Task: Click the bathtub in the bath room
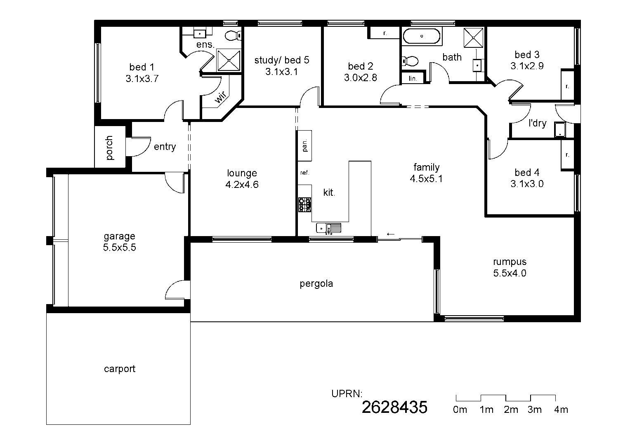pos(422,36)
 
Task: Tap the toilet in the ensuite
pos(234,36)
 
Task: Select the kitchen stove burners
pos(305,205)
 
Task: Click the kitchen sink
pos(328,228)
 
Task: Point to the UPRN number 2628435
pos(394,408)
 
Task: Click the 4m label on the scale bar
pos(561,410)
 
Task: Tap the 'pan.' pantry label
pos(305,145)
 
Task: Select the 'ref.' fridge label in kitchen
pos(304,173)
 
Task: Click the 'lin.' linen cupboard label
pos(413,78)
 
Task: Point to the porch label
pos(109,148)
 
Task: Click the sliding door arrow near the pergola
pos(390,234)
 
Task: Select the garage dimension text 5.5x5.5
pos(120,248)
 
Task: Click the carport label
pos(120,369)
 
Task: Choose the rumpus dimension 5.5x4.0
pos(510,273)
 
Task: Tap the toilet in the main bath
pos(410,61)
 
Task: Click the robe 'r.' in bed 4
pos(567,155)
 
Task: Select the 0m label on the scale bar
pos(460,410)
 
